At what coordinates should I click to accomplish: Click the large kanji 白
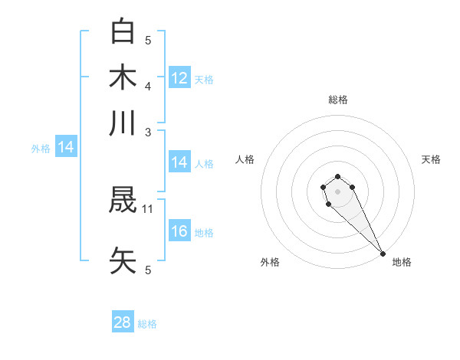pos(123,31)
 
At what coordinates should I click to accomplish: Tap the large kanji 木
pos(123,77)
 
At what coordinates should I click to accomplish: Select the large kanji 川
pos(123,123)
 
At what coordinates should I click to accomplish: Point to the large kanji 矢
pos(123,260)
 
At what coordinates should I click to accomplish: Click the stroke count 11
pos(148,208)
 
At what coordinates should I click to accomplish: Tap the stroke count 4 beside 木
pos(148,85)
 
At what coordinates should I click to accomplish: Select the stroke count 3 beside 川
pos(148,131)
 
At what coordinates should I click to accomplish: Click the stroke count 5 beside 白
pos(148,40)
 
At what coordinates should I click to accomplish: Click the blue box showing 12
pos(179,78)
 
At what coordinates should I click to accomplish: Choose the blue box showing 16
pos(179,232)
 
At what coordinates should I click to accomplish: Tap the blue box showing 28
pos(123,323)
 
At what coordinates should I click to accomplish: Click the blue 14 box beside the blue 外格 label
pos(66,148)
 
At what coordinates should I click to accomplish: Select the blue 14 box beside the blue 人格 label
pos(179,162)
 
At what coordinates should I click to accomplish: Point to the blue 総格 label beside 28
pos(147,324)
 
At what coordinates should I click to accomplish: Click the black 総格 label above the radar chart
pos(337,100)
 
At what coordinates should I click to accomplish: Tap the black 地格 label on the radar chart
pos(402,263)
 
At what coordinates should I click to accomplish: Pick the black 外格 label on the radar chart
pos(270,263)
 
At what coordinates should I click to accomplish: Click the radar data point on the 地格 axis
pos(382,254)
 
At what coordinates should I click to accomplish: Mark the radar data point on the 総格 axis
pos(337,177)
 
